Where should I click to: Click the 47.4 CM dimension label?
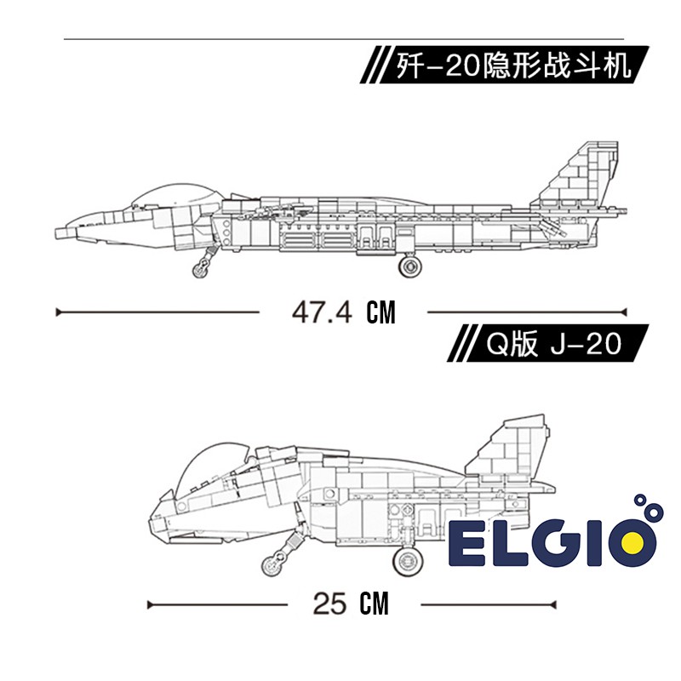click(344, 312)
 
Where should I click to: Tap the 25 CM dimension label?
click(351, 604)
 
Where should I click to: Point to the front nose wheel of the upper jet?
click(200, 268)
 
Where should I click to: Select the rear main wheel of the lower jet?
click(408, 560)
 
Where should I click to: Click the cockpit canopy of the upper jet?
click(176, 195)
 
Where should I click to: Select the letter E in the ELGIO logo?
click(466, 543)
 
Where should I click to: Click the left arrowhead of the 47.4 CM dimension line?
click(59, 312)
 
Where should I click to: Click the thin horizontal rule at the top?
click(344, 39)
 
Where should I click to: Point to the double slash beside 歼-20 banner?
click(374, 65)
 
